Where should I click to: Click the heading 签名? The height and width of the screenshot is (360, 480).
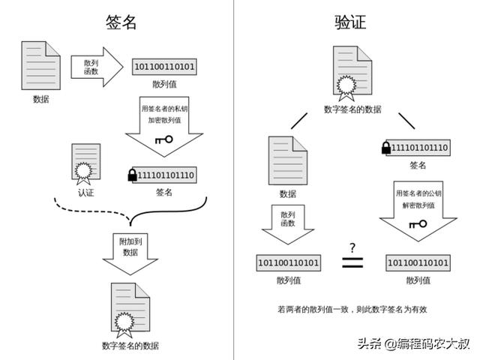pos(121,22)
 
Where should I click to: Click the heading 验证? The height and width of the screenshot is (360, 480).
pos(350,22)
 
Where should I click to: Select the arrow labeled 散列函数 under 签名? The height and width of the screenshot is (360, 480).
pos(97,67)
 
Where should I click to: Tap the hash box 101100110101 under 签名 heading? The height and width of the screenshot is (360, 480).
pos(164,67)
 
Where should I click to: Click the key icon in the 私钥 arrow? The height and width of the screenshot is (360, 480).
pos(164,140)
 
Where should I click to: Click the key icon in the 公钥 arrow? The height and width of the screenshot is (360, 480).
pos(418,224)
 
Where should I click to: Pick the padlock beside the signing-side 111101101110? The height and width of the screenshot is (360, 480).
pos(132,175)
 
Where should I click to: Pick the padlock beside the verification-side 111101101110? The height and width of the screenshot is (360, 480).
pos(386,148)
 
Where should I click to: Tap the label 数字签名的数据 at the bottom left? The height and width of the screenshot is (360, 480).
pos(130,346)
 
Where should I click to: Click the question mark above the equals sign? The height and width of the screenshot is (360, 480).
pos(352,247)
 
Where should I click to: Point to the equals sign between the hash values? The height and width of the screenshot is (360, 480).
pos(352,262)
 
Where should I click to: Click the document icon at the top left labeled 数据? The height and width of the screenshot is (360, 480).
pos(40,65)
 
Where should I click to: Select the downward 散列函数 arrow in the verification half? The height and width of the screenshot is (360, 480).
pos(288,224)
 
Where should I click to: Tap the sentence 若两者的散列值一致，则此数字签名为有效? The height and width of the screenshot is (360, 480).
pos(352,310)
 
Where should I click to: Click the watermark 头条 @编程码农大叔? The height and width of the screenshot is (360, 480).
pos(413,343)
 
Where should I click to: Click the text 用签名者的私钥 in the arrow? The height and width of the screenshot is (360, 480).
pos(164,109)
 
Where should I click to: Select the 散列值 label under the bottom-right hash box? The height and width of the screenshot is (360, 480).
pos(418,280)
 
